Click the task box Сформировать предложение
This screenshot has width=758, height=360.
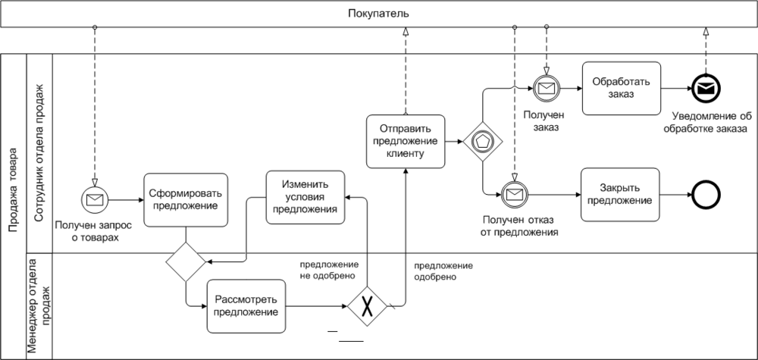coord(186,199)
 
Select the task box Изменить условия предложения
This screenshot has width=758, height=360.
coord(305,197)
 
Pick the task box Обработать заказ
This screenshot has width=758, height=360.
coord(620,88)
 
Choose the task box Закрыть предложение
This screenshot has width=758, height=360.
coord(620,194)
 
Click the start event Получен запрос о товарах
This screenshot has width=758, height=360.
coord(96,199)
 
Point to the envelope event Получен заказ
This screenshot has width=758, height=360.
coord(546,89)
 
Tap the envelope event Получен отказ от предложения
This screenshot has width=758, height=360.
coord(514,195)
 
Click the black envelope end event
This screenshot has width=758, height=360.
coord(706,89)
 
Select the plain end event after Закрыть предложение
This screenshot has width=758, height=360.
coord(706,195)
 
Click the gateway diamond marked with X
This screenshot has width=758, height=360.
coord(368,306)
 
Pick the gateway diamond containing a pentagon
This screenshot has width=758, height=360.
coord(482,142)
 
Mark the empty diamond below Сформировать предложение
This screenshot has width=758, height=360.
coord(186,262)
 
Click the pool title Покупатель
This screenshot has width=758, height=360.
coord(379,13)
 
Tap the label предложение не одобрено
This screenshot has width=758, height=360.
coord(329,271)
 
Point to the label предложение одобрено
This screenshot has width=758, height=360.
coord(443,271)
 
